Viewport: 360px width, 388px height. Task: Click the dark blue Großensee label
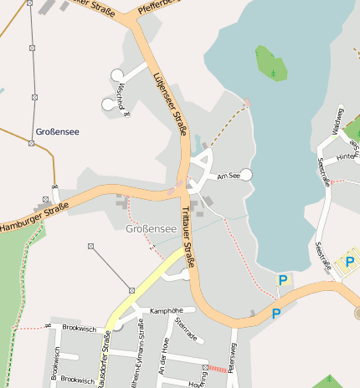(59, 132)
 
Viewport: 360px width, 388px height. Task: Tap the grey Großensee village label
(151, 228)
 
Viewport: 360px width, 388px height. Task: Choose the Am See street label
(228, 176)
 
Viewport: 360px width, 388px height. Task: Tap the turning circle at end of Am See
(246, 173)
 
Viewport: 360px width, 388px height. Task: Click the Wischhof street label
(123, 98)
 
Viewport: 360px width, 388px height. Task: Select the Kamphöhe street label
(165, 310)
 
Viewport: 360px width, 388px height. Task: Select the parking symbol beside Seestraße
(349, 263)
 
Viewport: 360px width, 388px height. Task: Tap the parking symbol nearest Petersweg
(275, 314)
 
